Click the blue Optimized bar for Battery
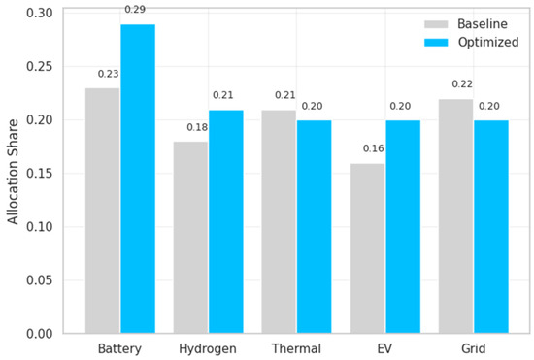point(138,179)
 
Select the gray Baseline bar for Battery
point(103,211)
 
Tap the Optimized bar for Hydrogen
point(226,221)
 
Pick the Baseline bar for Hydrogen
point(190,238)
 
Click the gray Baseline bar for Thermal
point(279,221)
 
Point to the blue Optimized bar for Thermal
point(315,227)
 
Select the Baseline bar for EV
point(368,248)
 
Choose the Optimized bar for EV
point(403,227)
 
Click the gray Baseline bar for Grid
point(456,216)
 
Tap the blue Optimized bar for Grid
point(491,227)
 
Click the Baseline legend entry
point(466,24)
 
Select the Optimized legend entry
point(471,42)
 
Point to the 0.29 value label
point(135,9)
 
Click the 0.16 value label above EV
point(373,148)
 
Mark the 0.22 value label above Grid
point(462,83)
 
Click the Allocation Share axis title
point(13,172)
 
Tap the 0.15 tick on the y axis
point(40,173)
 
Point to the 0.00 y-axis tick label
point(40,334)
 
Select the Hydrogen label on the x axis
point(208,348)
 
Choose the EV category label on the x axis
point(384,348)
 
